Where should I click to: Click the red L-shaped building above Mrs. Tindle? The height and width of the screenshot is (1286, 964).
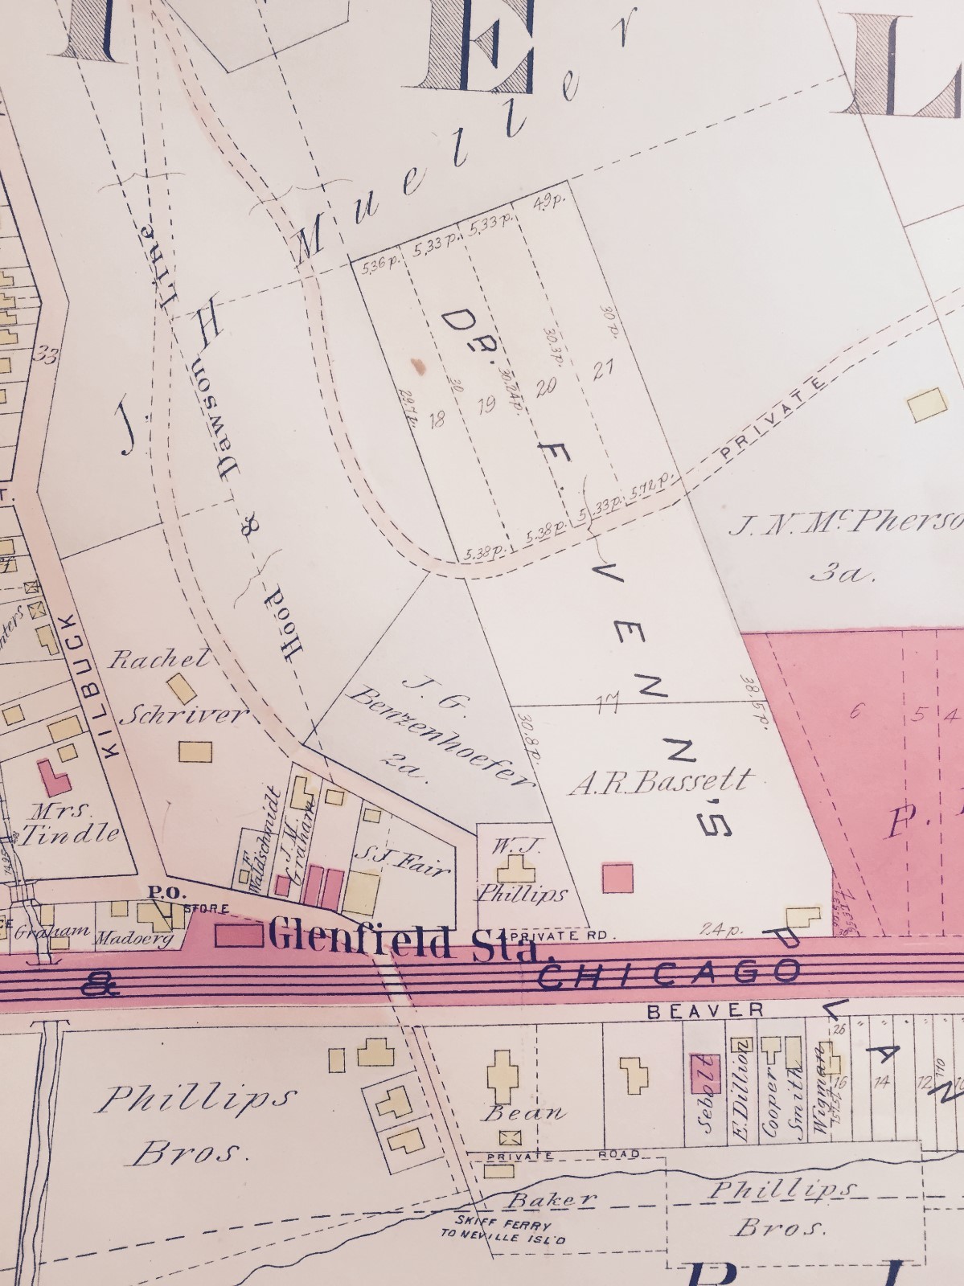pyautogui.click(x=54, y=780)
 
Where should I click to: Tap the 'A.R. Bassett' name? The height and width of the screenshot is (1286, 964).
pyautogui.click(x=661, y=781)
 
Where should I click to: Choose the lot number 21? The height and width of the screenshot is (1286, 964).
pyautogui.click(x=603, y=371)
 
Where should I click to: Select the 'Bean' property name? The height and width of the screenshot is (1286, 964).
pyautogui.click(x=523, y=1113)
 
